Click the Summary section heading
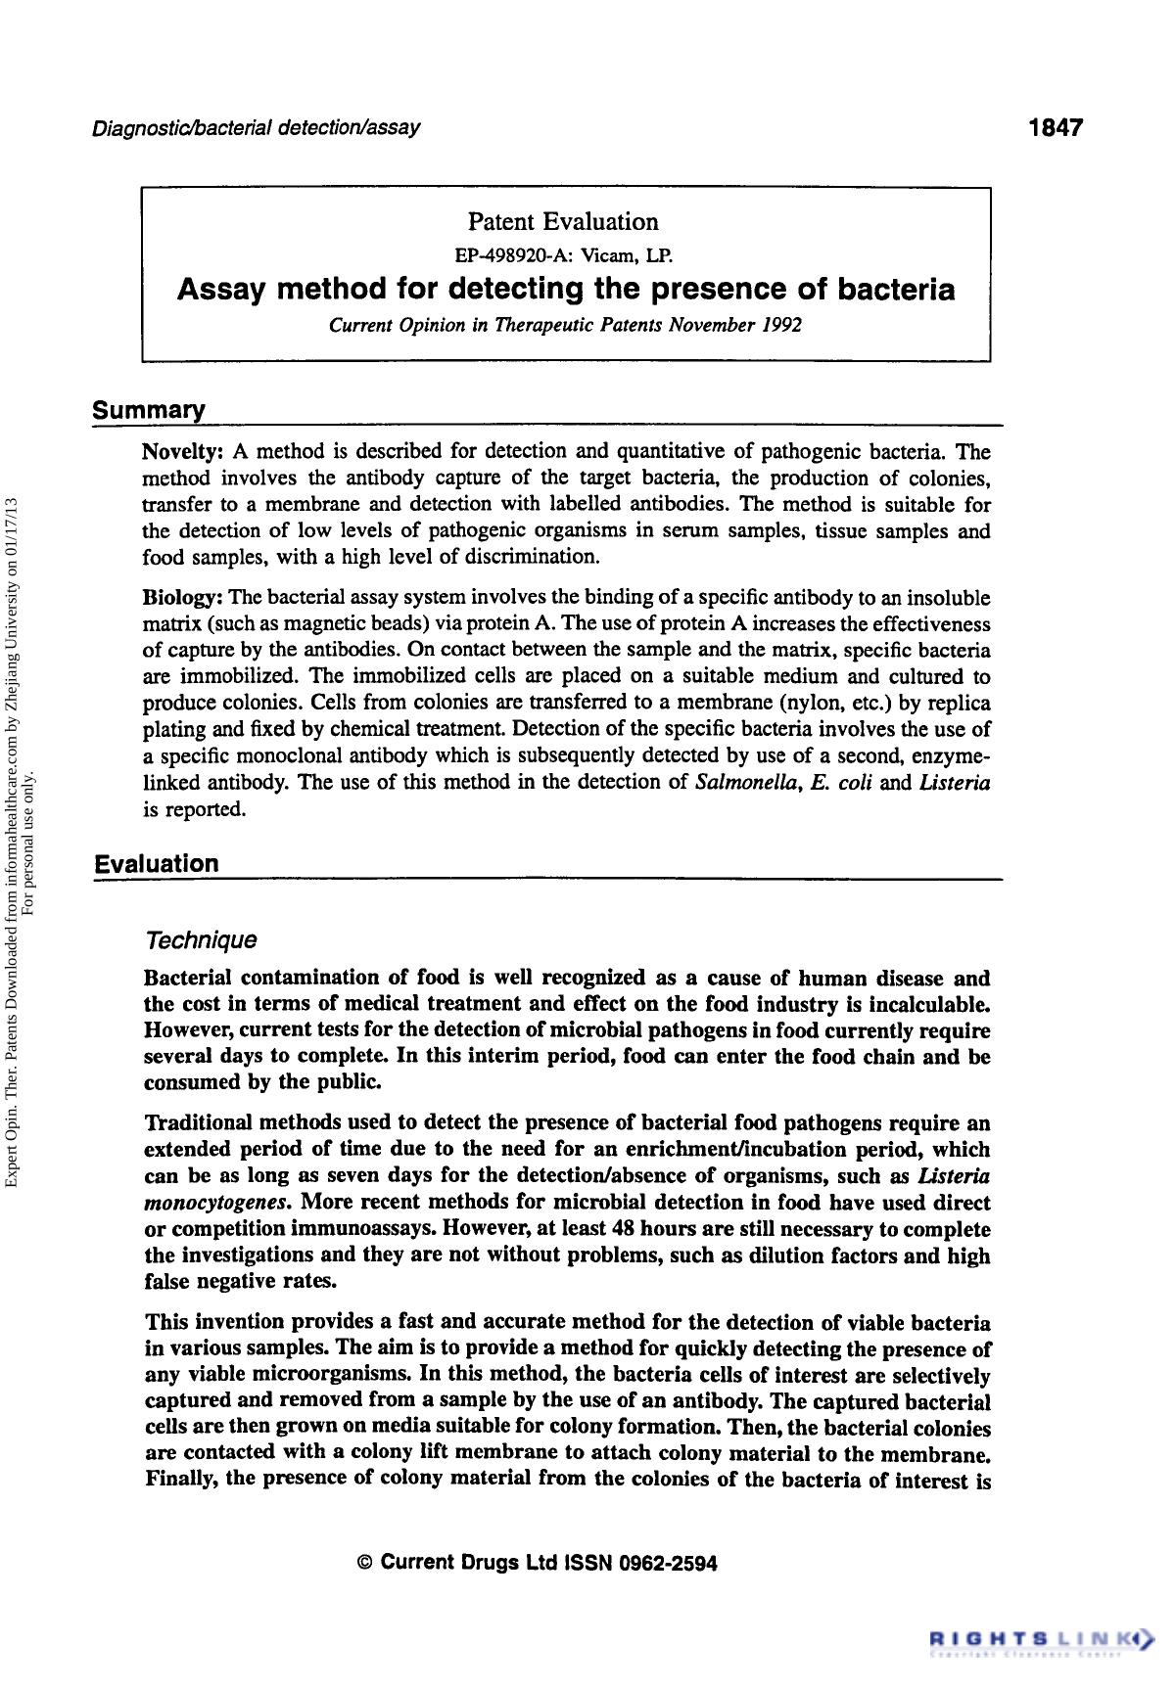[x=149, y=409]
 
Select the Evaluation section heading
[x=157, y=863]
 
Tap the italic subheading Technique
[x=201, y=939]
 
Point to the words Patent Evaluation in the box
[x=563, y=221]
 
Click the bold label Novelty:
[x=185, y=451]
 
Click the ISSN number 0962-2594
[x=668, y=1563]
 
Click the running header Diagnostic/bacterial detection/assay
[x=257, y=128]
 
